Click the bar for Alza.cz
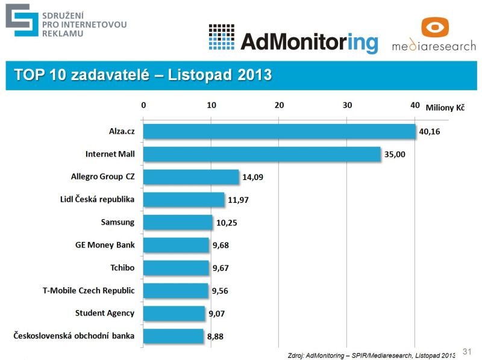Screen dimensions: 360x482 pos(279,131)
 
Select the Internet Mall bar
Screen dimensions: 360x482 pos(261,154)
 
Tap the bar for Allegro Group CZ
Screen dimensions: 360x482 pos(191,177)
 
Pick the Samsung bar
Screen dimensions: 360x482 pos(178,222)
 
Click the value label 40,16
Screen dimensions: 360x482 pos(430,131)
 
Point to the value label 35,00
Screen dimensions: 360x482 pos(395,155)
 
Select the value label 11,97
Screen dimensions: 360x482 pos(239,200)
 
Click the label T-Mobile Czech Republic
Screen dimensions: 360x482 pos(89,290)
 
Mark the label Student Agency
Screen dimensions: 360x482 pos(105,313)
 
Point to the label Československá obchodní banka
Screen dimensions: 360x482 pos(74,335)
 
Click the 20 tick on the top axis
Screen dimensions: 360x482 pos(279,105)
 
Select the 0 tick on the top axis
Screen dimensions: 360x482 pos(143,105)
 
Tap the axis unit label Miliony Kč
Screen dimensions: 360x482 pos(445,107)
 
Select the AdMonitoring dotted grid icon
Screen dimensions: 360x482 pos(221,37)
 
